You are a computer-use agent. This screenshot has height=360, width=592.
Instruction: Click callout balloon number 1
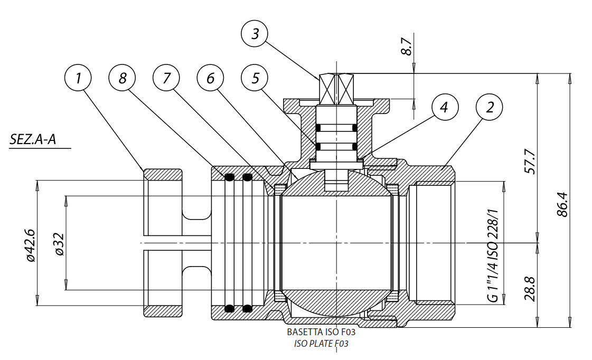[78, 78]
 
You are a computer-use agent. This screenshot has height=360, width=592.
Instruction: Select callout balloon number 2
[489, 108]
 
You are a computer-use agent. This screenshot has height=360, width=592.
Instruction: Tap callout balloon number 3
[255, 34]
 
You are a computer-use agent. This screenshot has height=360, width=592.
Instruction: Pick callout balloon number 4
[445, 108]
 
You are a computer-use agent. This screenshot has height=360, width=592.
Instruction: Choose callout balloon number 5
[255, 78]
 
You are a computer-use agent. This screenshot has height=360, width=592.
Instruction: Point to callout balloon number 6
[211, 78]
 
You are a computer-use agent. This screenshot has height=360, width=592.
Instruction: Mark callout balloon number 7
[167, 78]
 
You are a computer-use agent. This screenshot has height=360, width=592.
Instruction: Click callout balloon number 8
[123, 78]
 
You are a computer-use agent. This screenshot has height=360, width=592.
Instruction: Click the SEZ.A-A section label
[33, 139]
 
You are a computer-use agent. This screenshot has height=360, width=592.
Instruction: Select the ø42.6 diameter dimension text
[30, 245]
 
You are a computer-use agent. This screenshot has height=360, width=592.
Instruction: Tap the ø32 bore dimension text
[59, 244]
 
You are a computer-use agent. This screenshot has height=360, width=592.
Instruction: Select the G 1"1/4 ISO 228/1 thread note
[493, 253]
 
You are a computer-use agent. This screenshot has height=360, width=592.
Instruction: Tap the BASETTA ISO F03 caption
[321, 333]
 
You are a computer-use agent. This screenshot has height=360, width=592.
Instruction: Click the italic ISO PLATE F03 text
[321, 344]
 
